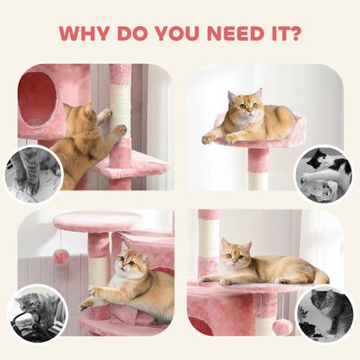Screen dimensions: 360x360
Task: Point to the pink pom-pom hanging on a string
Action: [x=62, y=256]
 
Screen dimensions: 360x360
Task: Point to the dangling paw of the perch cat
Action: [x=209, y=138]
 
